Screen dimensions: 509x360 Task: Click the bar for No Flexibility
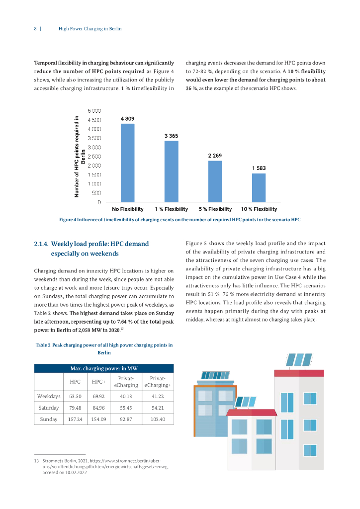pyautogui.click(x=128, y=163)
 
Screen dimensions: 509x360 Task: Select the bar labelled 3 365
pyautogui.click(x=171, y=171)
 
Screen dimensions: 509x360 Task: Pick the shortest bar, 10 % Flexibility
pyautogui.click(x=259, y=187)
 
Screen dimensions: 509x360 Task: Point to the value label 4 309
pyautogui.click(x=127, y=119)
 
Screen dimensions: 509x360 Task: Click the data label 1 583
pyautogui.click(x=259, y=169)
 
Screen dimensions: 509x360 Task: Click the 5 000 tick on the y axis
pyautogui.click(x=94, y=111)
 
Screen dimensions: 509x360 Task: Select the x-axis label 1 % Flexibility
pyautogui.click(x=171, y=209)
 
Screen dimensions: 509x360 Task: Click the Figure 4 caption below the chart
pyautogui.click(x=180, y=219)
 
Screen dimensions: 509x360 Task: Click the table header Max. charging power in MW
pyautogui.click(x=104, y=368)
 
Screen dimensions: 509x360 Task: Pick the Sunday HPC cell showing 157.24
pyautogui.click(x=75, y=420)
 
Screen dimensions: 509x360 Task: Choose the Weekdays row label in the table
pyautogui.click(x=49, y=396)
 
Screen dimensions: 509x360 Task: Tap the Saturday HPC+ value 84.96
pyautogui.click(x=98, y=408)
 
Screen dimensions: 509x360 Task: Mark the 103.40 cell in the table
pyautogui.click(x=158, y=420)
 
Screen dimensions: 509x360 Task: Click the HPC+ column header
pyautogui.click(x=98, y=381)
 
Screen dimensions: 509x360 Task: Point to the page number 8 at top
pyautogui.click(x=35, y=29)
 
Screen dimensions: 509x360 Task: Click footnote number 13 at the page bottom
pyautogui.click(x=36, y=461)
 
